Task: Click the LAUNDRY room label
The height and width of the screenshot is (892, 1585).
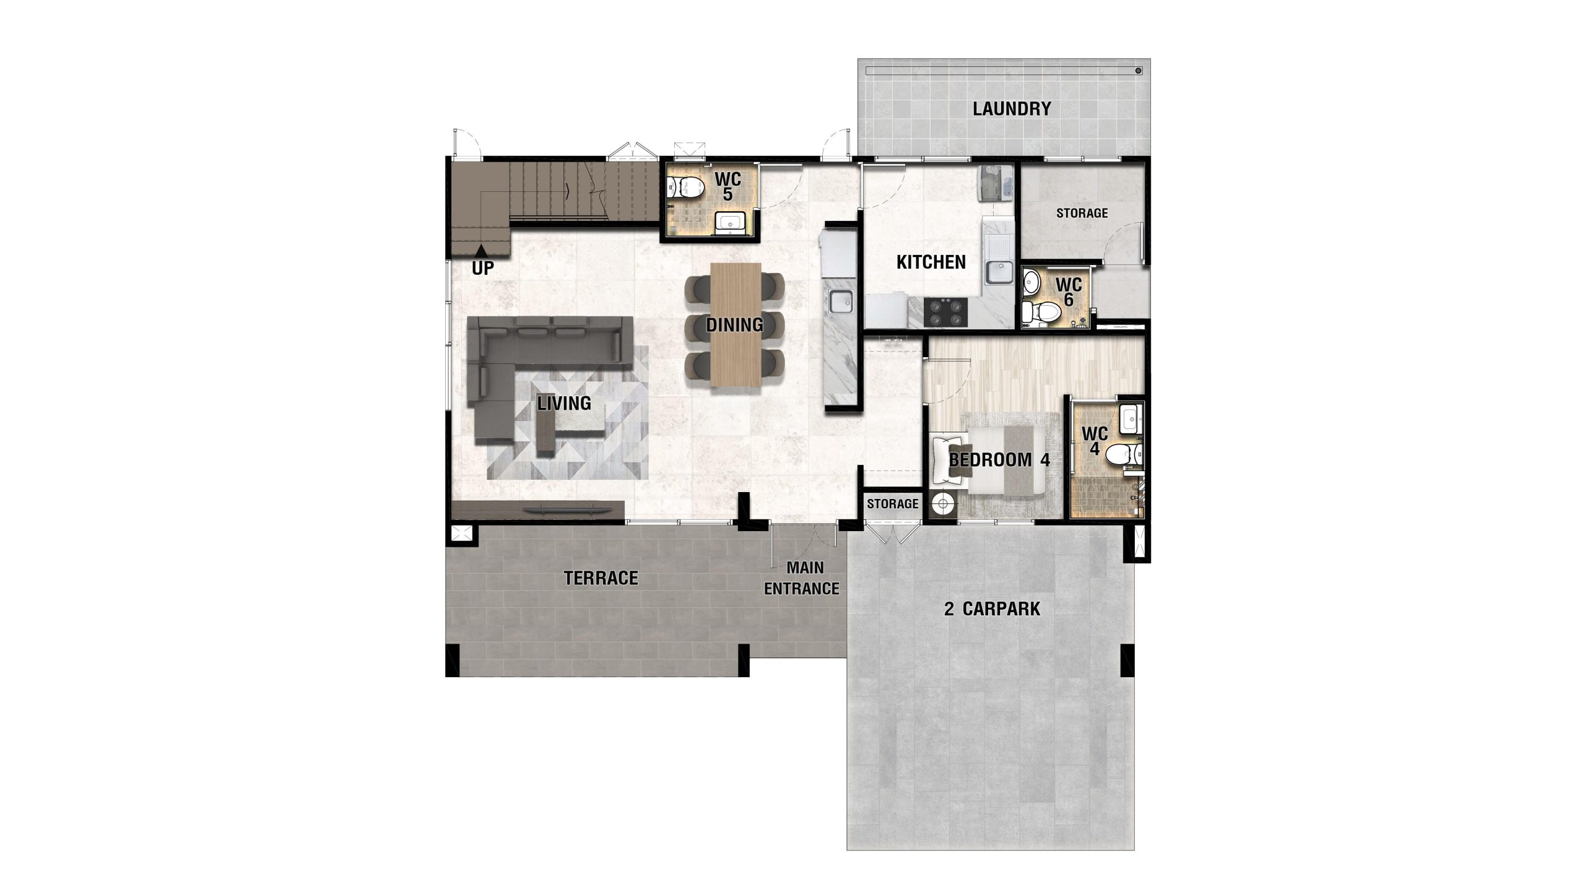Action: coord(1012,109)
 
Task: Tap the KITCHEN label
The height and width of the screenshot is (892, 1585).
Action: coord(931,262)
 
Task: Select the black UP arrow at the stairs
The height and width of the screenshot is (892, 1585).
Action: coord(480,250)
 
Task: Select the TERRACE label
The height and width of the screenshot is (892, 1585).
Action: coord(601,578)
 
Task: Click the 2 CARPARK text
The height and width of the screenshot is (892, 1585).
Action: coord(992,609)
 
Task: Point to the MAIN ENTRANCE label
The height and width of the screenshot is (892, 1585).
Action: coord(802,578)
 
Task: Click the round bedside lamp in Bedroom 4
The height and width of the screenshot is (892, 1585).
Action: coord(943,504)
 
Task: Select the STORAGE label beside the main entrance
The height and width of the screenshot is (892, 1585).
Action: coord(892,504)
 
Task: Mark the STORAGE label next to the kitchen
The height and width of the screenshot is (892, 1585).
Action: coord(1082,213)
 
